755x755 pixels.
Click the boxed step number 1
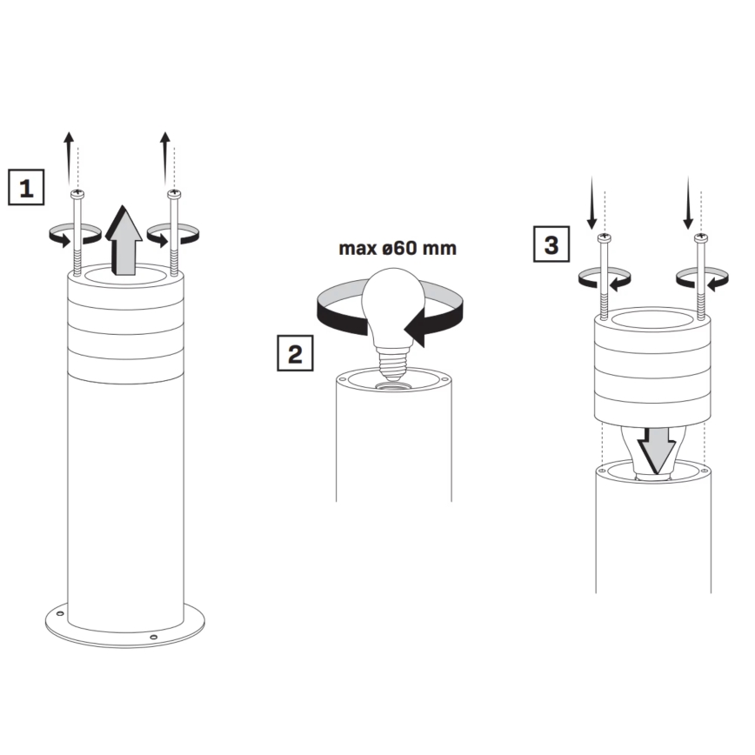tap(27, 187)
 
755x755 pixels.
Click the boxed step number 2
tap(295, 354)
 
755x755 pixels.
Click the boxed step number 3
tap(551, 245)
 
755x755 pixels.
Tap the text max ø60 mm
tap(398, 249)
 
